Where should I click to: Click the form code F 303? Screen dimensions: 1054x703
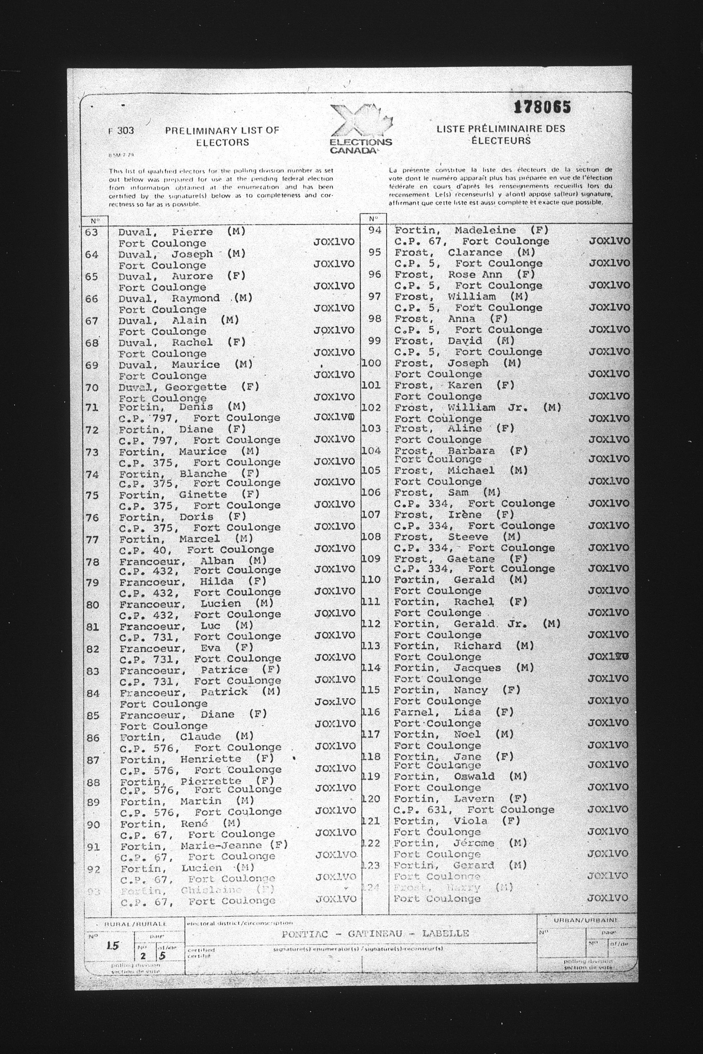tap(121, 131)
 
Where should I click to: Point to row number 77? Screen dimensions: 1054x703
tap(92, 539)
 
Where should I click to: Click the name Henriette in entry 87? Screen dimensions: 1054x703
tap(210, 759)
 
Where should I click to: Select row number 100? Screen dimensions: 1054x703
tap(371, 363)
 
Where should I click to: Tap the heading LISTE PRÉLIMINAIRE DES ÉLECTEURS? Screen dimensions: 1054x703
tap(501, 134)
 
